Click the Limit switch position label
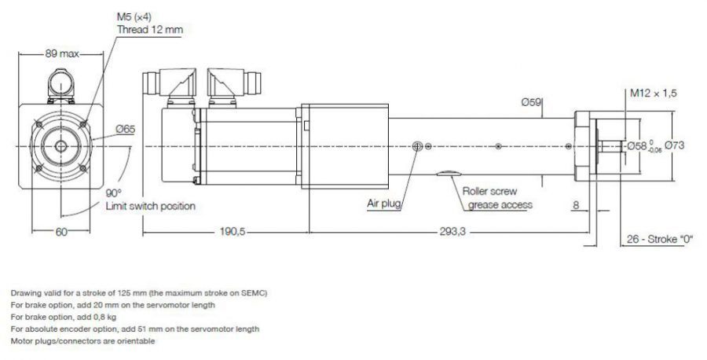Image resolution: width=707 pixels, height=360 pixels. (150, 206)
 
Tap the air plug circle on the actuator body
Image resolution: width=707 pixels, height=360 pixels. (416, 146)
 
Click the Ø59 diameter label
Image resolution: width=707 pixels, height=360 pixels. (532, 102)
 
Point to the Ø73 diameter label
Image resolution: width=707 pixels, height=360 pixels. (677, 145)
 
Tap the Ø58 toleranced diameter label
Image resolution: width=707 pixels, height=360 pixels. (643, 146)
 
